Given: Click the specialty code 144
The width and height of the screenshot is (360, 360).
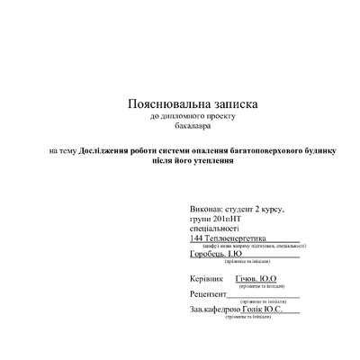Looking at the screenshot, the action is pos(197,238).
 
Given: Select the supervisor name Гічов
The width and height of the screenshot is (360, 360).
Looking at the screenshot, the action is pos(247,279).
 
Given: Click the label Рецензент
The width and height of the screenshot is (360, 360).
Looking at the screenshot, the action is pos(209,294).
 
